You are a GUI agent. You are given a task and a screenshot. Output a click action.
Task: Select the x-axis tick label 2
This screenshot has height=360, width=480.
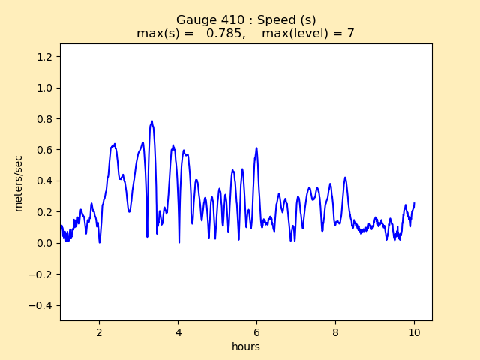coord(99,331)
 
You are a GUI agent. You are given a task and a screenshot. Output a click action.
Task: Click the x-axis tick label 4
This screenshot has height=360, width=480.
coord(178,331)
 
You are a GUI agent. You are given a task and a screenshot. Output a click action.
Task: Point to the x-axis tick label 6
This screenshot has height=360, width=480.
coord(256,331)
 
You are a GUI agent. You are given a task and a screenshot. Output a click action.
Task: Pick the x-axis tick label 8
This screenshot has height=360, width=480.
coord(335,331)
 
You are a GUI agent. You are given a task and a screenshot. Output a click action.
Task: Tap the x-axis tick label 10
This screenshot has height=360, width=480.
coord(414,331)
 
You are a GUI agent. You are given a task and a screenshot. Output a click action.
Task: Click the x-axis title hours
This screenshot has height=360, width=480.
coord(246,346)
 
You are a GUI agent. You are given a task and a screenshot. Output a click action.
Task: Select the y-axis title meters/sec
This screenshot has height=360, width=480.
coord(18,182)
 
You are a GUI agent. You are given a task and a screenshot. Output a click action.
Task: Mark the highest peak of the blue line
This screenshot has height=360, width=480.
coord(151,121)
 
